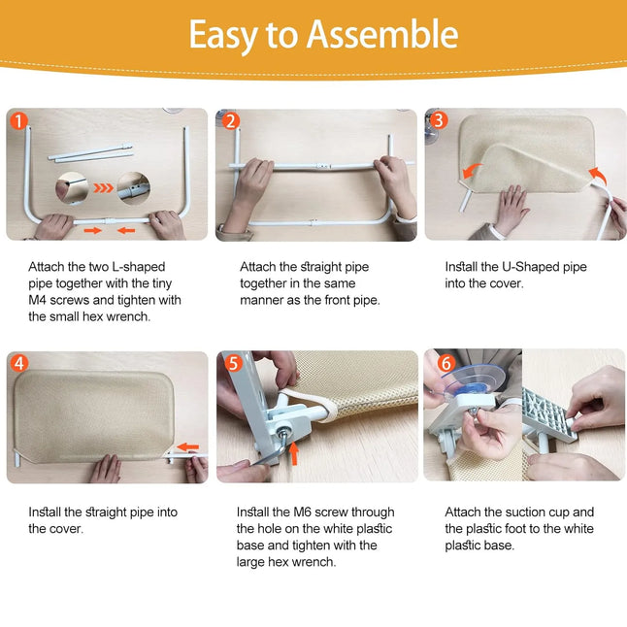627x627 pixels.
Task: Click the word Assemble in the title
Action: point(382,34)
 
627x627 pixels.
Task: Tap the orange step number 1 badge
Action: point(18,120)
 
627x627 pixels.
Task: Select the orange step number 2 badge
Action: point(230,120)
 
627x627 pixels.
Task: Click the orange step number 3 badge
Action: point(439,120)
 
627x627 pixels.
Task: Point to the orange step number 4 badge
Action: point(19,363)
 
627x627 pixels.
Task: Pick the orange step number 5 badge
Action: point(233,363)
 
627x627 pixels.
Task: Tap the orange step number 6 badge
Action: point(446,363)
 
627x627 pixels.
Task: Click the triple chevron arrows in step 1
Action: point(103,187)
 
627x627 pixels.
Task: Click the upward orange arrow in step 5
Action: point(294,453)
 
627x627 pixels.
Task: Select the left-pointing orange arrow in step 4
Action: point(187,447)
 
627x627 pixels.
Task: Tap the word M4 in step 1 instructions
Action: point(37,300)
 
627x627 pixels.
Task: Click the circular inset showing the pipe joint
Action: point(134,188)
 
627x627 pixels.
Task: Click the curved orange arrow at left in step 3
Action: point(472,171)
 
